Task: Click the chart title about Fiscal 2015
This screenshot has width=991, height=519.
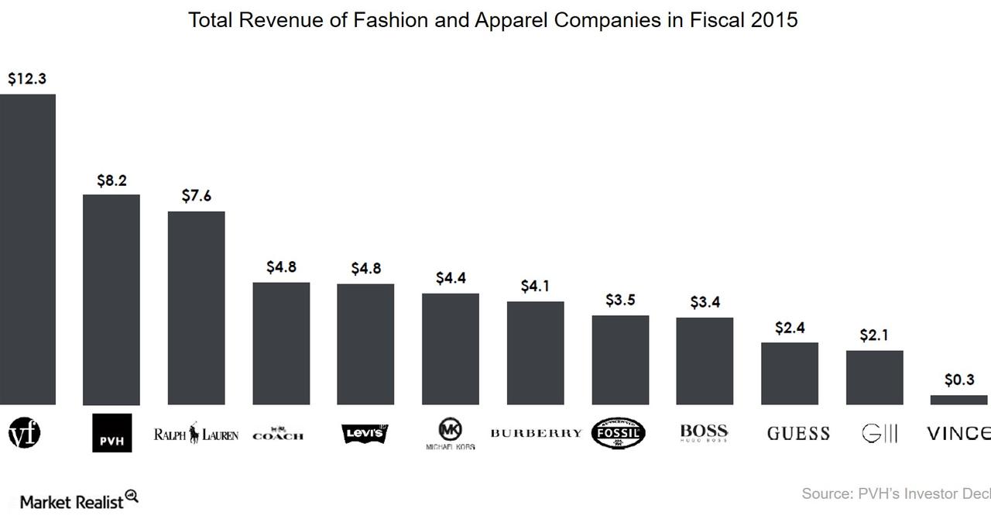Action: point(492,20)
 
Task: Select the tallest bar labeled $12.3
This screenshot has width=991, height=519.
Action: point(27,248)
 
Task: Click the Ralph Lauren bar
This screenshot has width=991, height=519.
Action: point(196,308)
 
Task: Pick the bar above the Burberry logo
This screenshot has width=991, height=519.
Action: point(535,352)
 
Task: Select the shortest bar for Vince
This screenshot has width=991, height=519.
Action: point(958,400)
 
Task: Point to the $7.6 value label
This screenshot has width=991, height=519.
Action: point(197,196)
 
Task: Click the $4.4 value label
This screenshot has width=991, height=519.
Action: point(451,278)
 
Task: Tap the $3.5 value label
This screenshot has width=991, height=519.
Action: point(620,300)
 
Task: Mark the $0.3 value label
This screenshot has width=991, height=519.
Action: point(959,380)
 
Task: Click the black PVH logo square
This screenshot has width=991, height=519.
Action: point(111,433)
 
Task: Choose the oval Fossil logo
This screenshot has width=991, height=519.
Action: point(618,434)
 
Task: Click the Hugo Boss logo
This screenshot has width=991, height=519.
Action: point(704,433)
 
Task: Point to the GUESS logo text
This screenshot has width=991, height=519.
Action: point(798,434)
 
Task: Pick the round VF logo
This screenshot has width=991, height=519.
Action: point(24,433)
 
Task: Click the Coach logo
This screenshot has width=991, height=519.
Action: point(278,434)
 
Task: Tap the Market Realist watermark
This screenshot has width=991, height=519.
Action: point(78,500)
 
